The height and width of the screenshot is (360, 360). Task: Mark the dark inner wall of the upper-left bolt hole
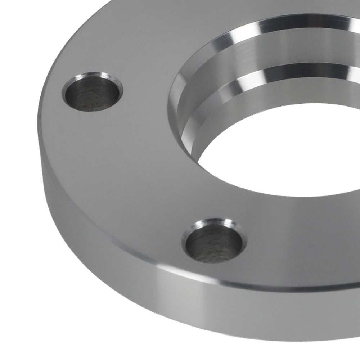[90, 97]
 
